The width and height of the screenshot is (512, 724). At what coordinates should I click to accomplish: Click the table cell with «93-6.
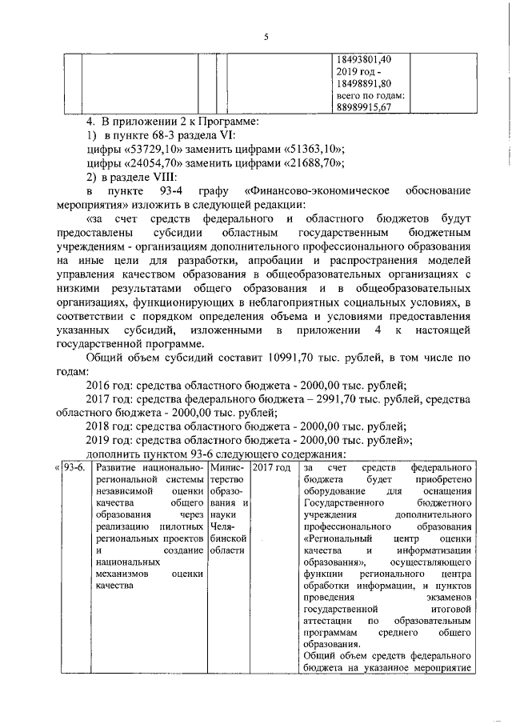pyautogui.click(x=74, y=466)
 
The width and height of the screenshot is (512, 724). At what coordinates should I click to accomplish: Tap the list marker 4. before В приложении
pyautogui.click(x=91, y=122)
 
